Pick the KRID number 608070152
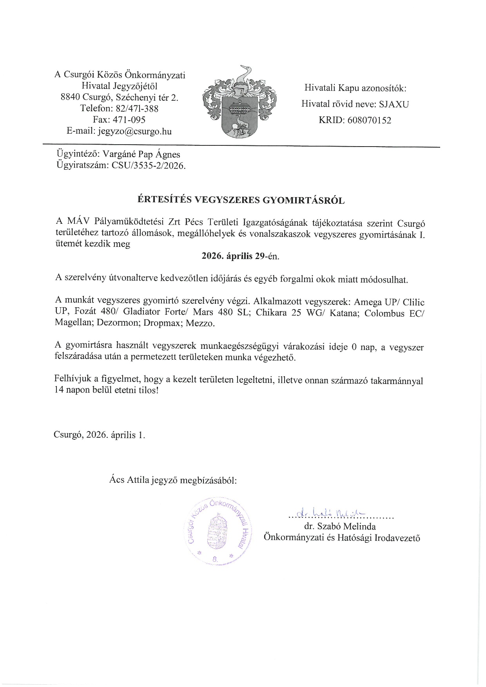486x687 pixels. point(368,120)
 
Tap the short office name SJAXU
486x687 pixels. point(393,104)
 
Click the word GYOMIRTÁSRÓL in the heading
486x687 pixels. point(307,201)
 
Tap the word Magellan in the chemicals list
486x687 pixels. point(72,324)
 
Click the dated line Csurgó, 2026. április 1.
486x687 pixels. point(100,435)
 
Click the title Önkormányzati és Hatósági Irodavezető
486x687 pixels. point(342,538)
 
